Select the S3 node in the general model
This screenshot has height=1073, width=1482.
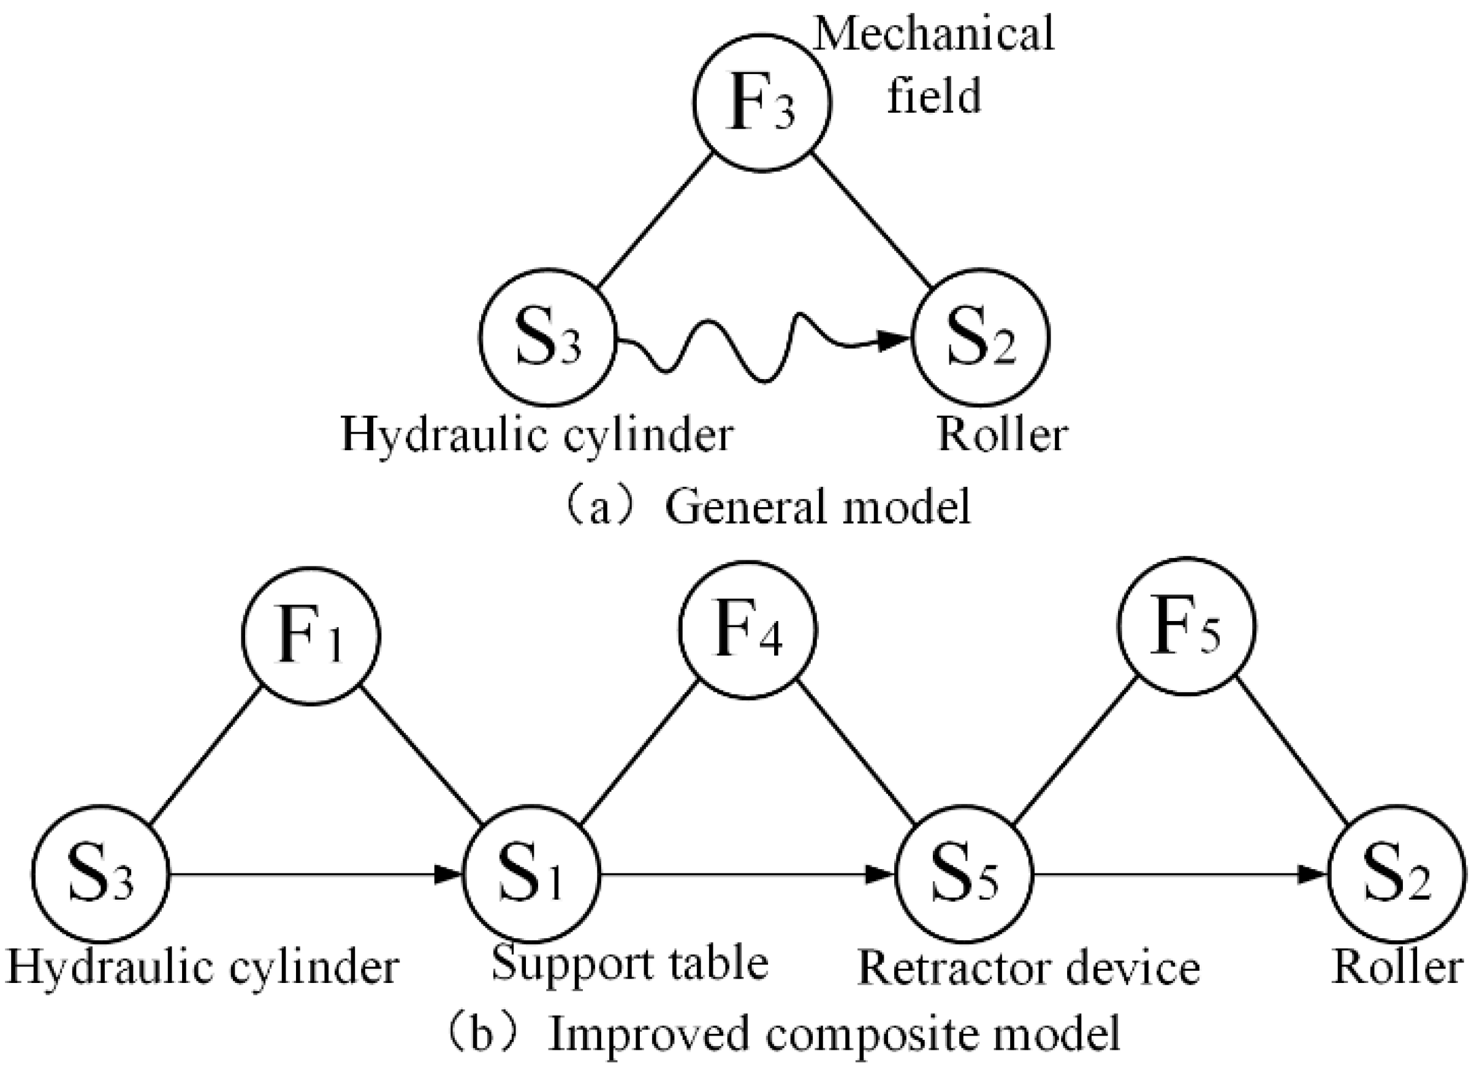click(x=547, y=337)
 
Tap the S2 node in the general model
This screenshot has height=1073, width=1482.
click(x=980, y=337)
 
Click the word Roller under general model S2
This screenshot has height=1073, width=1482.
click(x=1001, y=434)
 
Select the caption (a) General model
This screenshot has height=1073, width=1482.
click(x=768, y=508)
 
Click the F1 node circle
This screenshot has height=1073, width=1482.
click(x=311, y=636)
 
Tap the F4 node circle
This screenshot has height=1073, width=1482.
click(x=748, y=630)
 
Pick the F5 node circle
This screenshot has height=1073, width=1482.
click(x=1186, y=627)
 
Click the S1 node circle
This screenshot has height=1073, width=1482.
click(x=531, y=874)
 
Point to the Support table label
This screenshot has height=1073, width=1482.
click(x=629, y=964)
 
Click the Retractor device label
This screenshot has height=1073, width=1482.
click(x=1028, y=968)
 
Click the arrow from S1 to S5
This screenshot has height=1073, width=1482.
click(x=745, y=874)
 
